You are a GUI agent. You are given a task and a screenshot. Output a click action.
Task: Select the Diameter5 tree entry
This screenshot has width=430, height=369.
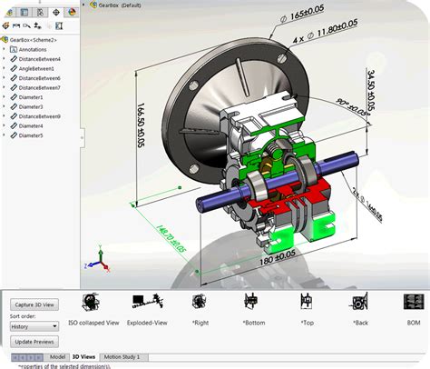(x=30, y=135)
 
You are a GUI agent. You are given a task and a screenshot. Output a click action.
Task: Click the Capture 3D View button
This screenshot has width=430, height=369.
(x=36, y=304)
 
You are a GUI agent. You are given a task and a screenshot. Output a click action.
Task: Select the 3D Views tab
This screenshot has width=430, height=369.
(x=84, y=357)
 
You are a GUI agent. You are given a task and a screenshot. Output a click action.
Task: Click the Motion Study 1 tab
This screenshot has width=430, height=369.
(x=122, y=357)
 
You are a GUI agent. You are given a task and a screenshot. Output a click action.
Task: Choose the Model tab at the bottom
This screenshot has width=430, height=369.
(x=57, y=357)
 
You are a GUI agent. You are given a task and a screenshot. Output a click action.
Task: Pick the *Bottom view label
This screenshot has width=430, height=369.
(x=253, y=323)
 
